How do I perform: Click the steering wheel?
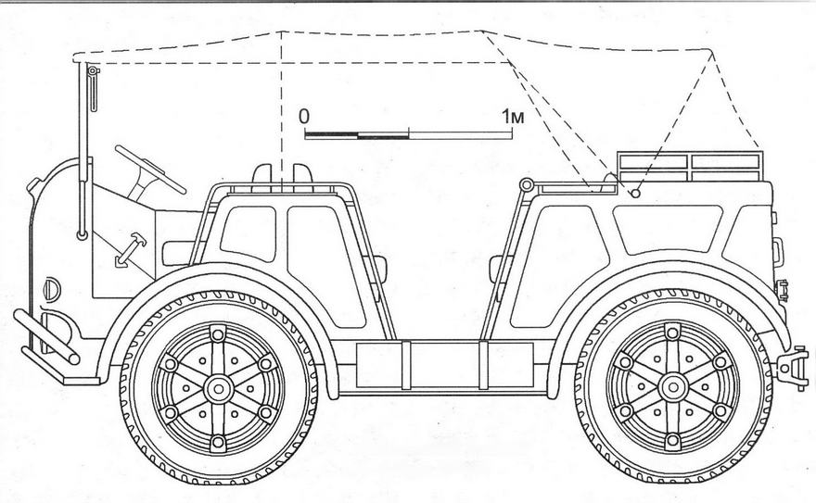tap(150, 170)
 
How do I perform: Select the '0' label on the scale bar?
tap(304, 117)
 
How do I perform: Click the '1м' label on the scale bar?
tap(513, 117)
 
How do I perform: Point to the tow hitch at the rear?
tap(792, 367)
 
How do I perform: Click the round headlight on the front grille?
tap(52, 289)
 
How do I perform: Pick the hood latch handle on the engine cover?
tap(130, 249)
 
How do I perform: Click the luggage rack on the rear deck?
tap(690, 167)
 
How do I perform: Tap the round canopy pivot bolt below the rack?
tap(635, 194)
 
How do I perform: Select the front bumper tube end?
tap(74, 358)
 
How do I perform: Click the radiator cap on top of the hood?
tap(34, 184)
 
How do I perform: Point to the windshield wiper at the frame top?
tap(93, 88)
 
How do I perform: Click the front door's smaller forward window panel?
tap(249, 233)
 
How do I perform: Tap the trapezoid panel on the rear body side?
tap(668, 229)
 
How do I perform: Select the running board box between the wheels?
tap(445, 365)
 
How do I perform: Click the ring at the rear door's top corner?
tap(527, 184)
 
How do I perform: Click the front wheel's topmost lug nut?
tap(218, 333)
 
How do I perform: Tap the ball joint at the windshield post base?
tap(83, 235)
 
